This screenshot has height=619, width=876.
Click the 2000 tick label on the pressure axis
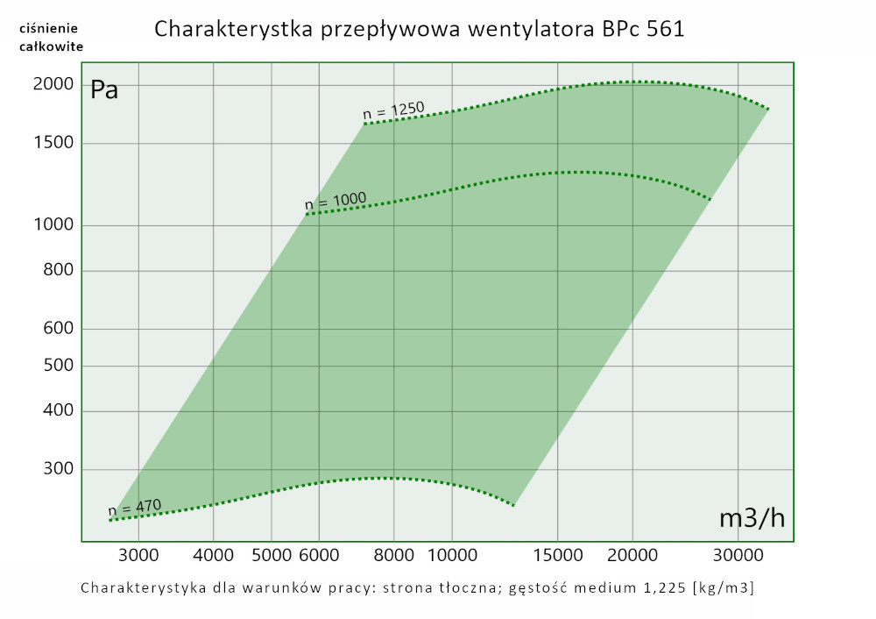point(52,85)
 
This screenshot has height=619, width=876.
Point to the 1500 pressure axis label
point(52,144)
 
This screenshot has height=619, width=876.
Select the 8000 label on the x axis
point(393,555)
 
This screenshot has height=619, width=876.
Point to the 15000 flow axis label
point(558,555)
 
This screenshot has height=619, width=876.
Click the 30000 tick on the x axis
point(737,555)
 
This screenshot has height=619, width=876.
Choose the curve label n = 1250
point(393,110)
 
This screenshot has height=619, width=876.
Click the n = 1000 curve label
point(336,202)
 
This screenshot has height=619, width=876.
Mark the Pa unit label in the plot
point(104,90)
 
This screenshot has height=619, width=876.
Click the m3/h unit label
point(752,518)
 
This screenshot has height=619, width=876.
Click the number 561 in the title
point(664,29)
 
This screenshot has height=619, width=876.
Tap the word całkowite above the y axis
point(52,46)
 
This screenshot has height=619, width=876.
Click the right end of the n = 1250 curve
point(768,109)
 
